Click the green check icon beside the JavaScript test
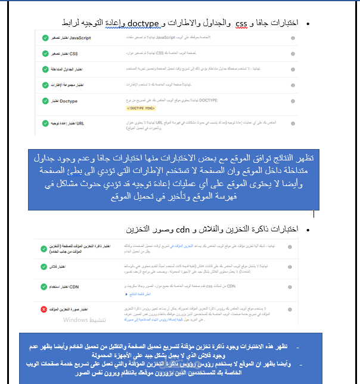pos(45,38)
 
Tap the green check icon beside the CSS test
pos(45,54)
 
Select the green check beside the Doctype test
pos(45,101)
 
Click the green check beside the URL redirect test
pos(45,124)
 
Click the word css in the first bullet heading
pos(241,23)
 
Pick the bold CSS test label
pos(70,54)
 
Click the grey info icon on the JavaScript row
pos(293,38)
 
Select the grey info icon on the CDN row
pos(291,287)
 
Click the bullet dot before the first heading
pos(308,23)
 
